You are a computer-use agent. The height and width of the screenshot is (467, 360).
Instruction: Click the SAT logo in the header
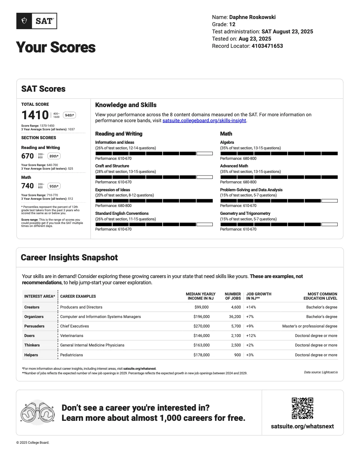click(37, 21)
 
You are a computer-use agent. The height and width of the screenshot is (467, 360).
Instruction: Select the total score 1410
click(35, 115)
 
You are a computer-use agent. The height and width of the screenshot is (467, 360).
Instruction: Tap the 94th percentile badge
click(69, 115)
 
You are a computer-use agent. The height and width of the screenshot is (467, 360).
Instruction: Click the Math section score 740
click(27, 186)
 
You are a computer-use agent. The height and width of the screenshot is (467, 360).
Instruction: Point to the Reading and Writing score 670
click(27, 156)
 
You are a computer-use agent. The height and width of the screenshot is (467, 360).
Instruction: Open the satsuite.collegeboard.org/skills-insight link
click(204, 121)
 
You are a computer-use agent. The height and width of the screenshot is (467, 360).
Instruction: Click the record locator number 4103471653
click(267, 46)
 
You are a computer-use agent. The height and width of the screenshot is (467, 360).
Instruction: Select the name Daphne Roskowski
click(252, 17)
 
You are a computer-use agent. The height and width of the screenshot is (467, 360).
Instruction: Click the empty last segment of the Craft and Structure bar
click(205, 177)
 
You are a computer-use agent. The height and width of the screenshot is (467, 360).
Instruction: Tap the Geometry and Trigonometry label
click(245, 214)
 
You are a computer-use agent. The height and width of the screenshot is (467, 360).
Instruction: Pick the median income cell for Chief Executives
click(202, 326)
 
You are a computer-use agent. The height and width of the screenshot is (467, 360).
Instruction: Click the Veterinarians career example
click(72, 336)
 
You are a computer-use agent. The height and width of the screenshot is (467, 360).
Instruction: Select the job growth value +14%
click(251, 307)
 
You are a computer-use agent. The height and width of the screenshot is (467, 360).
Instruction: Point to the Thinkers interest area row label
click(32, 345)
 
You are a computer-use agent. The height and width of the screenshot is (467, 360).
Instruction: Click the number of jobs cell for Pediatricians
click(238, 355)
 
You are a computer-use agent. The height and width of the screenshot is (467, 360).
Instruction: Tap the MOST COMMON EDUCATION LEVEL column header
click(320, 296)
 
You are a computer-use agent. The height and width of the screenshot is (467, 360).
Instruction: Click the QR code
click(302, 408)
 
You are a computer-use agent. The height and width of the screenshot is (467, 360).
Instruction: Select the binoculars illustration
click(38, 413)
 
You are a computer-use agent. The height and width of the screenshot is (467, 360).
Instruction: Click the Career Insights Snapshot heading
click(69, 257)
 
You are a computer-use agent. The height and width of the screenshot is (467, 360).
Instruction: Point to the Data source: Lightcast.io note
click(321, 372)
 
